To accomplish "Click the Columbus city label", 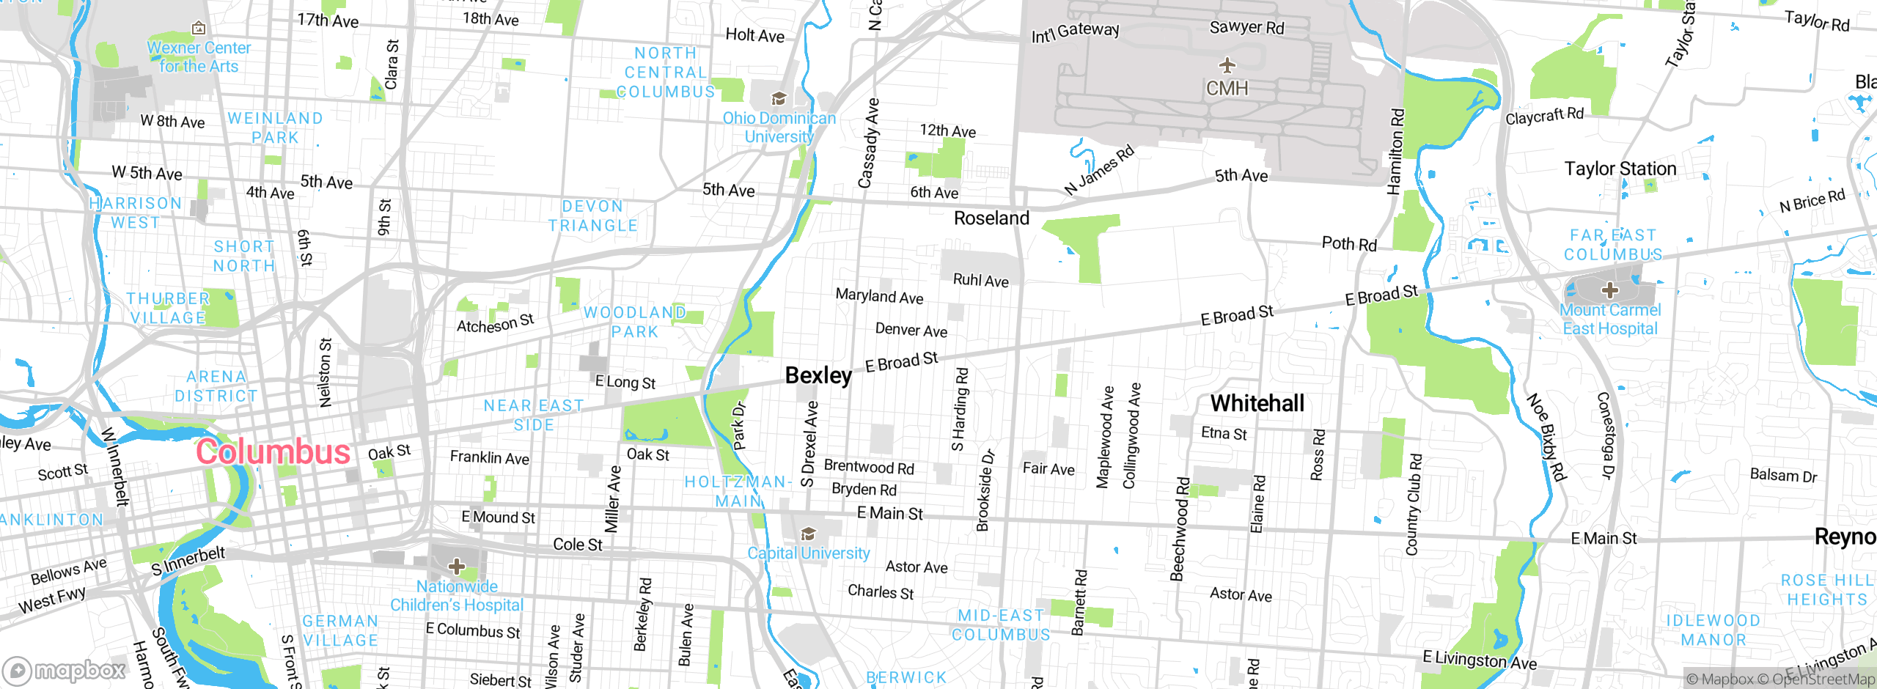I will click(273, 452).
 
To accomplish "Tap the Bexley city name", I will click(818, 375).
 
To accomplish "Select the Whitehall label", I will click(1257, 403).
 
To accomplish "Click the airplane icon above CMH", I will click(1227, 65).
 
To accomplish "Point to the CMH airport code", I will click(1227, 89).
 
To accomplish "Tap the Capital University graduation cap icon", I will click(808, 533).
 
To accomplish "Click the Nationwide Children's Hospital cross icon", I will click(457, 566).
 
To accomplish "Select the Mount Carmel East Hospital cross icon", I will click(1609, 290).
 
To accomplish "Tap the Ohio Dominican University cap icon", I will click(779, 98).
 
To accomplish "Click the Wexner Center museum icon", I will click(199, 29).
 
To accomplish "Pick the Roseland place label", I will click(991, 218).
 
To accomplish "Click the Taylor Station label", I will click(1620, 169).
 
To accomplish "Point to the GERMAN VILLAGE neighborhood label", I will click(341, 630).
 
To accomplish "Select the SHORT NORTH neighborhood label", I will click(244, 257).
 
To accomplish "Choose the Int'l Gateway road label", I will click(1075, 32).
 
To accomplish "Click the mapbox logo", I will click(65, 670).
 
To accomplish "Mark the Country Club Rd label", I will click(1413, 504).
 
